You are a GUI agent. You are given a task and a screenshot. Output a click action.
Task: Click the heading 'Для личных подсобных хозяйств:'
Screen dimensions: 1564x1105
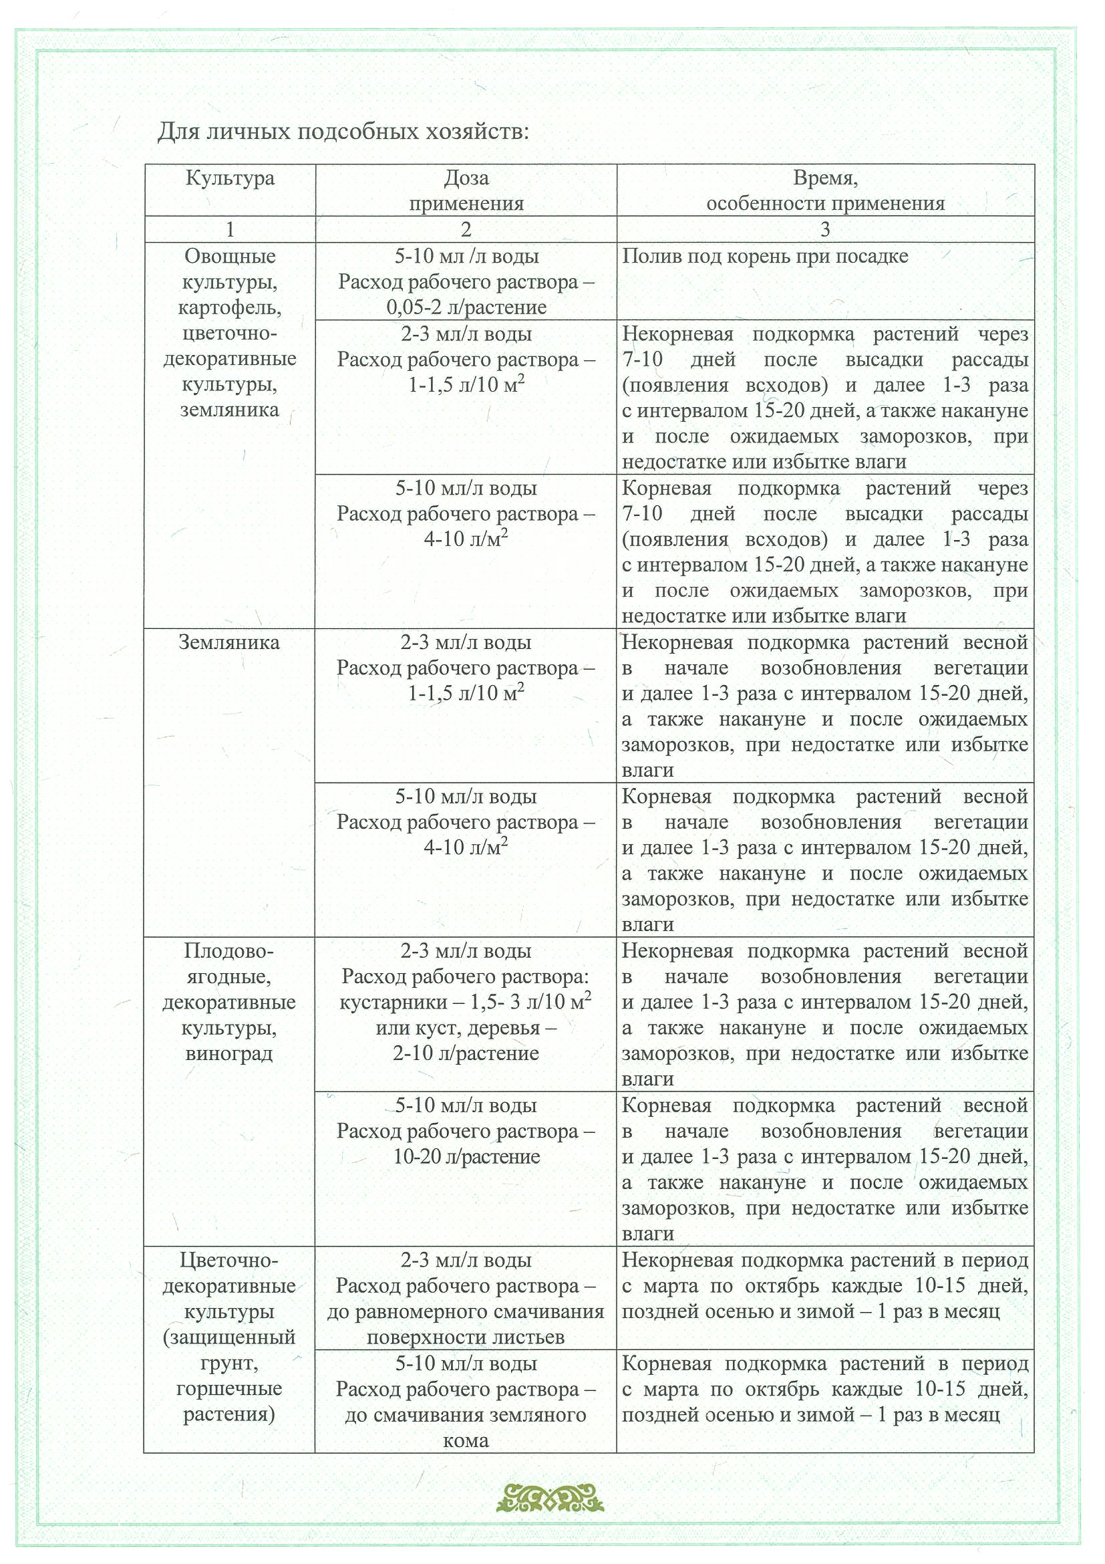(343, 131)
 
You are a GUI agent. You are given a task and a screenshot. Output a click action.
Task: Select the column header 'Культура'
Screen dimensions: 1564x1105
(230, 179)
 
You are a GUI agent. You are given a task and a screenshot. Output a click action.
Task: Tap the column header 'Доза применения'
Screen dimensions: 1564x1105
(466, 190)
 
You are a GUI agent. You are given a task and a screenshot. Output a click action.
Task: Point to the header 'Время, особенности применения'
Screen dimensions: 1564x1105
(825, 190)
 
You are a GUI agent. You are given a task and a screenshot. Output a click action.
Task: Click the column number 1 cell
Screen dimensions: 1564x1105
(230, 230)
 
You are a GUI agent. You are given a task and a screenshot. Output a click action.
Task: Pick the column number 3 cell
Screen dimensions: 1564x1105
(825, 230)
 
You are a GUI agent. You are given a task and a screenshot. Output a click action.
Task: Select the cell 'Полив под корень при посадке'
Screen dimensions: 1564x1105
(765, 257)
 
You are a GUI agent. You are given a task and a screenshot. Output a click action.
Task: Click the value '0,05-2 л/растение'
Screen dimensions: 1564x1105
(466, 308)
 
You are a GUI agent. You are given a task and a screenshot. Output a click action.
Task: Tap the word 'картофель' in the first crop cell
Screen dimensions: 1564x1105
(230, 308)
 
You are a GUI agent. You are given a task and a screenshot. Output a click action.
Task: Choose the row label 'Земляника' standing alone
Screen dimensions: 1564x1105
(229, 643)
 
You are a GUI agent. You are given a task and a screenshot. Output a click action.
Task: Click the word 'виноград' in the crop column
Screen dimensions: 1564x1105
(229, 1055)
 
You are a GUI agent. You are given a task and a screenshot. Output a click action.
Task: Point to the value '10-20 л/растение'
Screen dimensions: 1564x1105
(466, 1158)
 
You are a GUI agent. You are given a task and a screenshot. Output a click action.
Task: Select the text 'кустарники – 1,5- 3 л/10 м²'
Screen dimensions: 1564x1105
(466, 1003)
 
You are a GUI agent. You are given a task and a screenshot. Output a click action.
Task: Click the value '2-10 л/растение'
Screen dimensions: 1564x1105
(466, 1055)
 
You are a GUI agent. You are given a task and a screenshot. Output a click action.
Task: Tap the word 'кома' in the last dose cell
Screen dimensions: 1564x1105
(466, 1441)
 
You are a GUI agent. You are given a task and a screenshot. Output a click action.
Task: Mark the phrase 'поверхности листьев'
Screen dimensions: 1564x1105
(466, 1337)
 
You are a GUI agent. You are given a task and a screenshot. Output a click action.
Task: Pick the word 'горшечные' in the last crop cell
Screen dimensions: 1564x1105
(229, 1389)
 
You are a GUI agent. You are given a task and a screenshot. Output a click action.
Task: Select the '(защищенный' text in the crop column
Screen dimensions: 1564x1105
(229, 1337)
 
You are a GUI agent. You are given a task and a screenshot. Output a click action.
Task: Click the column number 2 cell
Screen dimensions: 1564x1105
(466, 230)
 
